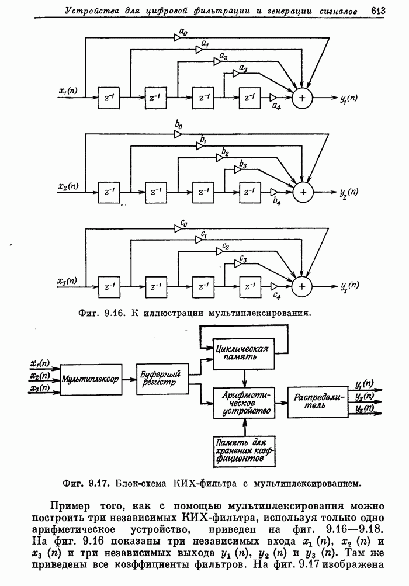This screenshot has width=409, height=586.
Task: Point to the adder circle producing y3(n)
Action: (x=302, y=286)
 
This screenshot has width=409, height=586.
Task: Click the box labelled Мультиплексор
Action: (x=90, y=379)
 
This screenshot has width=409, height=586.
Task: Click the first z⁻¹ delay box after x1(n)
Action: (x=109, y=98)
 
